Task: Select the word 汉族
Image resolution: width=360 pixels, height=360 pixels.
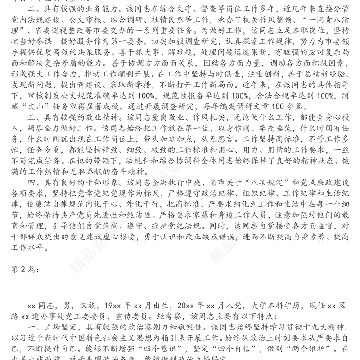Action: [84, 305]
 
